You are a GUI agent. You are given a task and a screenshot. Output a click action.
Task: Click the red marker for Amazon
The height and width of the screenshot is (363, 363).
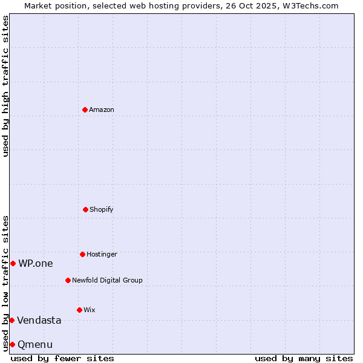[85, 110]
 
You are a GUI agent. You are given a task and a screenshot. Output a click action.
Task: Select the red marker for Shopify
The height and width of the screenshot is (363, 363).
[85, 209]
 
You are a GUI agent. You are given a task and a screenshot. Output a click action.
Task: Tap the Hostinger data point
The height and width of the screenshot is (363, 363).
[82, 254]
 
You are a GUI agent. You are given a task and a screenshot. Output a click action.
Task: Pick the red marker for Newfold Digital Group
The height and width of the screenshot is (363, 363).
[68, 280]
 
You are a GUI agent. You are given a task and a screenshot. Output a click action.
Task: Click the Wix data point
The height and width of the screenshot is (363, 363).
[79, 310]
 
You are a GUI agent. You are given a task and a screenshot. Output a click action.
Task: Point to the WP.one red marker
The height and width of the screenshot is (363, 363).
[13, 263]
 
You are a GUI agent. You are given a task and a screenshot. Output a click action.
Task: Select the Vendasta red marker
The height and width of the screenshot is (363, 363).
[11, 320]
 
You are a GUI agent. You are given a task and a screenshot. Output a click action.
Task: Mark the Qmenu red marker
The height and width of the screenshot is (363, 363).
[12, 344]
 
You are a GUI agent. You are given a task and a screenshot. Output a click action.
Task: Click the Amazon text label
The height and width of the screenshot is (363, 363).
[102, 110]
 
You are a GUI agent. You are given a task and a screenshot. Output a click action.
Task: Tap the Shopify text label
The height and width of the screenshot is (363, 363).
[102, 209]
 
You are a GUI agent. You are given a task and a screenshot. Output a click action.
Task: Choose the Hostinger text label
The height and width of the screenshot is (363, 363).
[102, 254]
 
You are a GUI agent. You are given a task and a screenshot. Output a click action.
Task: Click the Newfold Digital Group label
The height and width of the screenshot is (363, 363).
[107, 280]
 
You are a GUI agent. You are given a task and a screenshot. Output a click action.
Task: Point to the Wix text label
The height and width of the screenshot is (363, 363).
[90, 310]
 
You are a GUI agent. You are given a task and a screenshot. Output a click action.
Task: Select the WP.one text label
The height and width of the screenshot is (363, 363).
[35, 263]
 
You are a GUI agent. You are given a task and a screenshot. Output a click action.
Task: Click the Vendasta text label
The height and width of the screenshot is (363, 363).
[39, 320]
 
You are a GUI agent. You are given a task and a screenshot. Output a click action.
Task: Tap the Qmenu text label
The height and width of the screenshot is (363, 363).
[35, 344]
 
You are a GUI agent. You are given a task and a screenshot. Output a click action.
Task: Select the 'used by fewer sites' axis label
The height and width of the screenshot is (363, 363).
[62, 358]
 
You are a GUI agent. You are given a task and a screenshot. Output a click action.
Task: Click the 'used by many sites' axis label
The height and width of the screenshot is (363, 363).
[304, 358]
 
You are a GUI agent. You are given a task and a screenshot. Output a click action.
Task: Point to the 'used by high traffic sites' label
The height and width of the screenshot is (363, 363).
[5, 86]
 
